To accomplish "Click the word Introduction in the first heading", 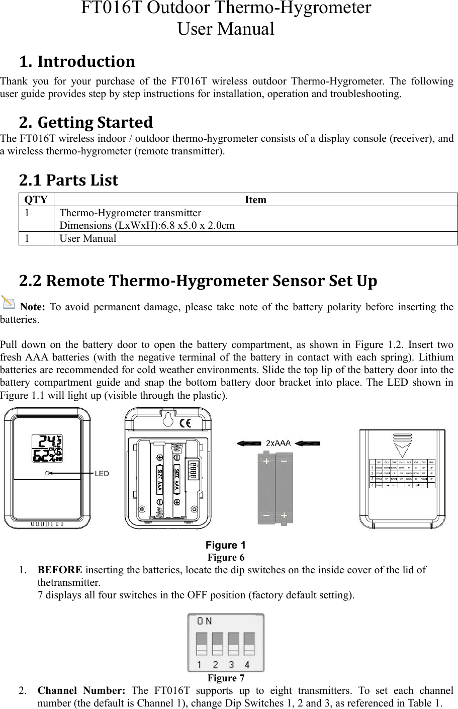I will (86, 62).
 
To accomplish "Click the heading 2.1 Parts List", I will (68, 180).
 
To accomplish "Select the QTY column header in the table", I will (36, 200).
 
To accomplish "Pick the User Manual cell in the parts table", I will (88, 238).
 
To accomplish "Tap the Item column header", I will (255, 200).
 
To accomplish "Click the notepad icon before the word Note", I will (9, 303).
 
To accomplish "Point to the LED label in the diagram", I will (102, 474).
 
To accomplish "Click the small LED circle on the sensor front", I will (47, 473).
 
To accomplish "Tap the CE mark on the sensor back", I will (185, 422).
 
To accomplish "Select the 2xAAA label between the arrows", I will (278, 443).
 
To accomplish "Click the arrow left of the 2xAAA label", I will (248, 443).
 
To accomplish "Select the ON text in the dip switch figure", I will (205, 621).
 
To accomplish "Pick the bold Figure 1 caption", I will (226, 545).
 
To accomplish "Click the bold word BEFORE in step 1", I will (60, 570).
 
